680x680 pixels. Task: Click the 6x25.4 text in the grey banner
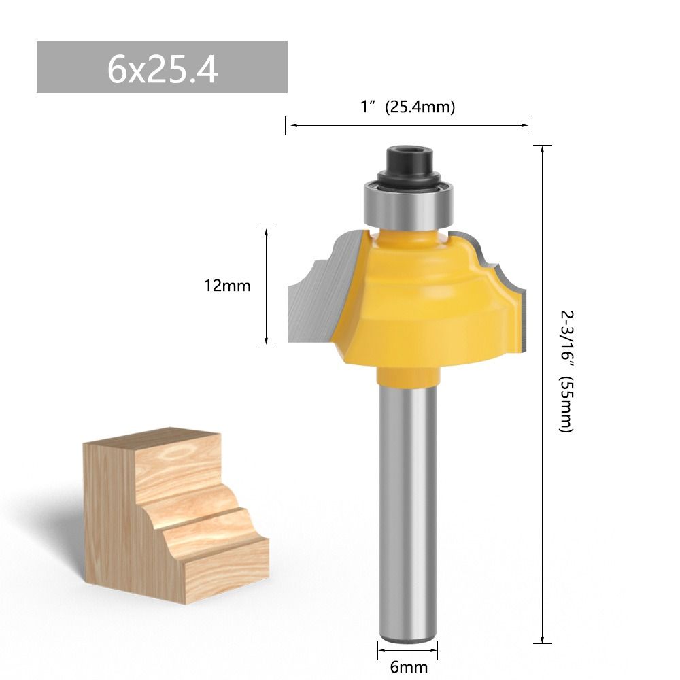(162, 68)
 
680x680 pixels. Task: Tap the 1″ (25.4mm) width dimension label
(407, 107)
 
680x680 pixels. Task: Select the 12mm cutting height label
(227, 286)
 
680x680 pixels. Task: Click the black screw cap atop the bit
(407, 162)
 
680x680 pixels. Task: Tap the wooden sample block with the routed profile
(177, 517)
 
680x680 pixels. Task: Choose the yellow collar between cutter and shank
(407, 375)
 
